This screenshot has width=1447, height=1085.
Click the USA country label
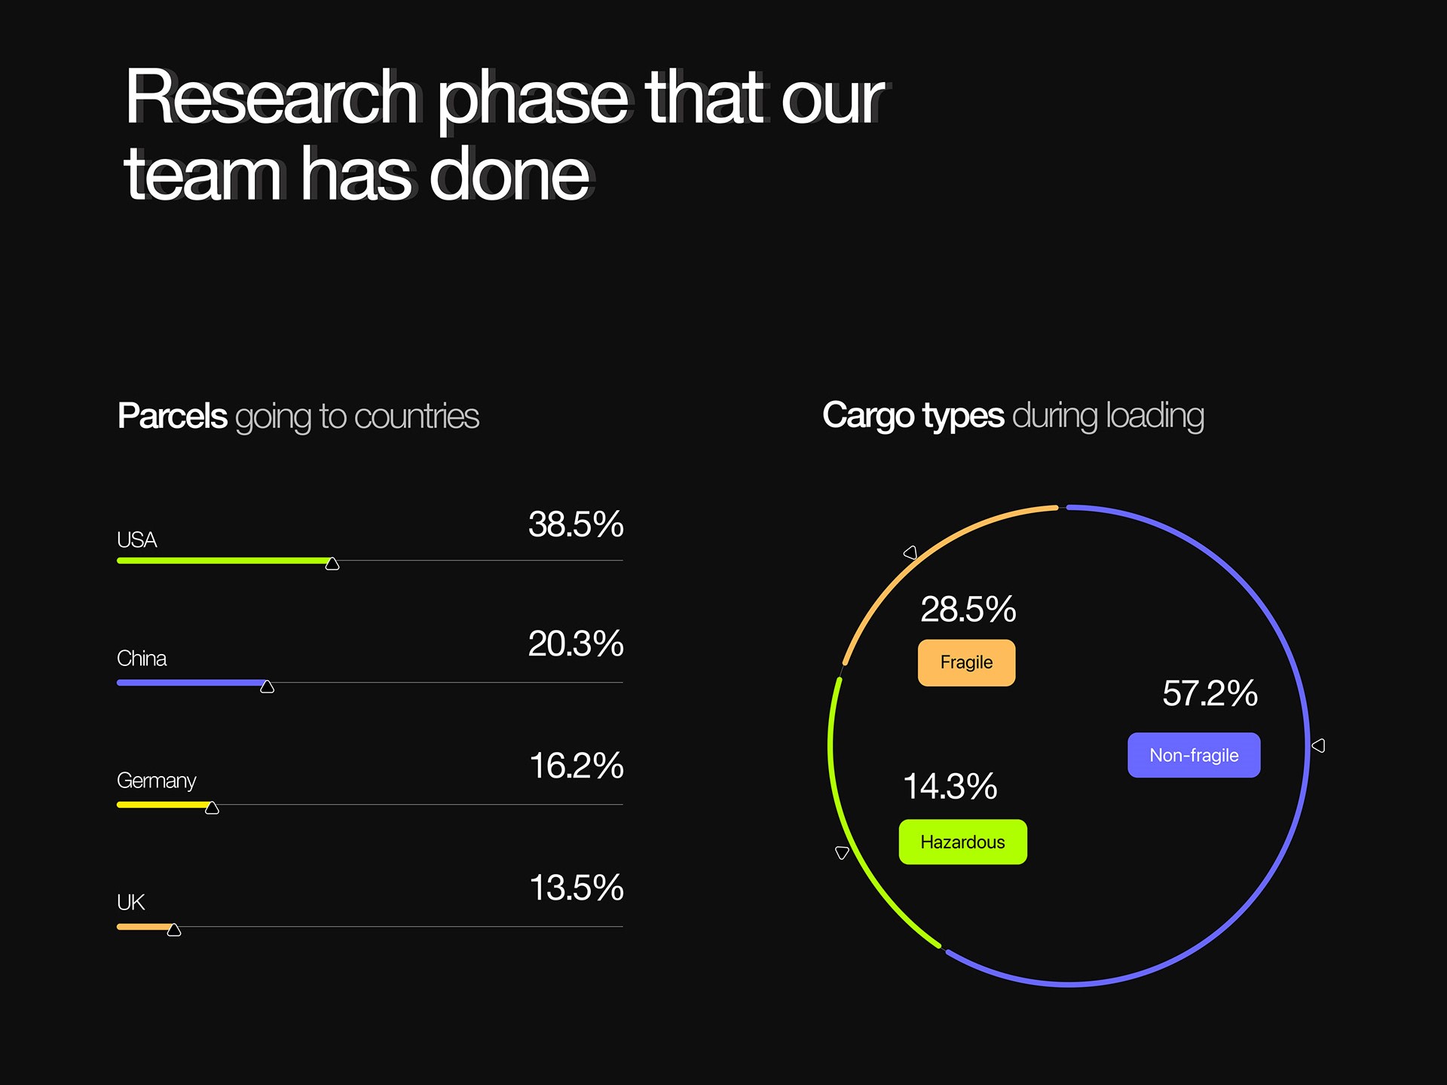point(136,540)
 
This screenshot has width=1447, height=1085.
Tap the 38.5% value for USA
point(576,524)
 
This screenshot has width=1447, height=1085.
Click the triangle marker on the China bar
point(267,686)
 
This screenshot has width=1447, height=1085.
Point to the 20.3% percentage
point(576,643)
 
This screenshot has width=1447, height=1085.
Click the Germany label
point(157,781)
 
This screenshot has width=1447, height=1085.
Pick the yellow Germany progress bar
point(164,805)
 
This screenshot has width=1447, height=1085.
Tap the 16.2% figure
point(577,766)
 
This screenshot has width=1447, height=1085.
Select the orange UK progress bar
point(145,927)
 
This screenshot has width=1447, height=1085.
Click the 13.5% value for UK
point(577,888)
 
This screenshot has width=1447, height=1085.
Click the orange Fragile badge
point(966,663)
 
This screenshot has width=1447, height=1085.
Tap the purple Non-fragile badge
point(1194,755)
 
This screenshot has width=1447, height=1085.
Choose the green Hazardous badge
point(962,842)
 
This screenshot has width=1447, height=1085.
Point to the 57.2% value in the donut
point(1210,693)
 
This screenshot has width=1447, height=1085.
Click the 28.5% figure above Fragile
point(968,609)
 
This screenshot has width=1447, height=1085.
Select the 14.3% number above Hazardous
point(950,787)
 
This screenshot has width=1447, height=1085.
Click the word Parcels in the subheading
point(173,416)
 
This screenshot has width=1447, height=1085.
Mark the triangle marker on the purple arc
point(1318,745)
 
